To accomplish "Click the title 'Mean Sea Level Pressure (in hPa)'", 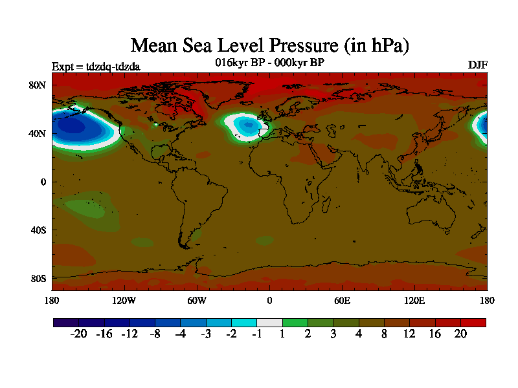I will tap(270, 46).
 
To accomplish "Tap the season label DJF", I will tap(477, 65).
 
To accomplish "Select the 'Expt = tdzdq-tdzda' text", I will tap(96, 66).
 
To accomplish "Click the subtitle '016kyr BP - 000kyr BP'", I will tap(269, 63).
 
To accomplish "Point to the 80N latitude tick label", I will tap(38, 85).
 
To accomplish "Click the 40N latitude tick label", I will tap(38, 133).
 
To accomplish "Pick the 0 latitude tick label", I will tap(44, 182).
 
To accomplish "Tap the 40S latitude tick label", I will tap(38, 230).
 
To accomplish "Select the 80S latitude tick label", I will tap(38, 279).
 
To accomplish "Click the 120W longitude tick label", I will tap(124, 300).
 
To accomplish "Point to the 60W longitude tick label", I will tap(197, 300).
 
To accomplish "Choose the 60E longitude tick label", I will tap(342, 300).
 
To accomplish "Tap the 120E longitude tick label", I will tap(414, 300).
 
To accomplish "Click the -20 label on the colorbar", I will tap(78, 334).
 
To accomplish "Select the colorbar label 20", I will tap(460, 334).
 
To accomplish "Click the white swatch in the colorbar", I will tap(269, 322).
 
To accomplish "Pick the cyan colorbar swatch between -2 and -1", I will tap(244, 322).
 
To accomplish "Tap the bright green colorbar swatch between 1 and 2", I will tap(295, 322).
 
